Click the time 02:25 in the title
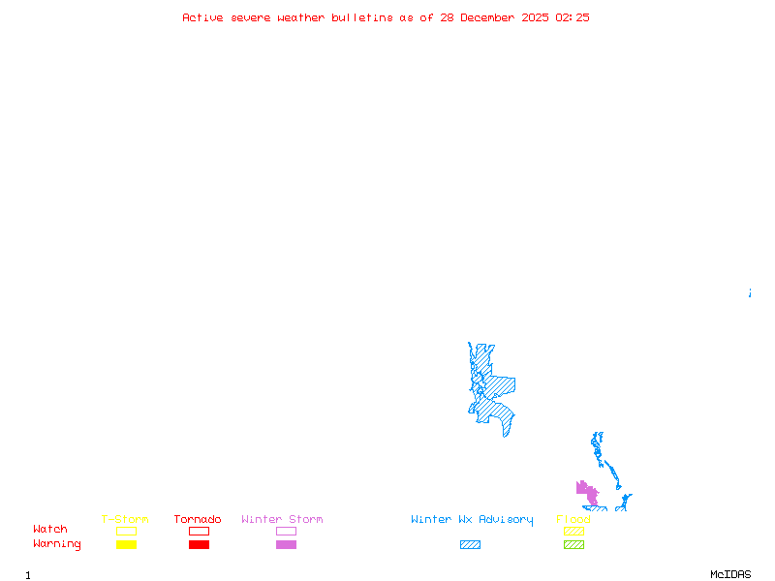(572, 17)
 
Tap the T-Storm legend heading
(125, 520)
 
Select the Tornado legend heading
(198, 520)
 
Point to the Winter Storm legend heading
(282, 520)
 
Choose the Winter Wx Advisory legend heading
(472, 520)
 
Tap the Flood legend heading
(573, 520)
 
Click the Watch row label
(50, 530)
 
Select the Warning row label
(57, 544)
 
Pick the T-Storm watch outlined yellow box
(126, 531)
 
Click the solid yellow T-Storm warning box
(126, 544)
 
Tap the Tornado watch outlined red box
(199, 531)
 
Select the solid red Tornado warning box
(199, 544)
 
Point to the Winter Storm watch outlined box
(286, 531)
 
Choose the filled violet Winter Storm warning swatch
(286, 544)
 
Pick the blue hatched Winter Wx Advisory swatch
(470, 544)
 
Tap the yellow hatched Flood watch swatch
(573, 531)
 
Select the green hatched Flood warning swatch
(573, 544)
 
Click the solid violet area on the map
(588, 494)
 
